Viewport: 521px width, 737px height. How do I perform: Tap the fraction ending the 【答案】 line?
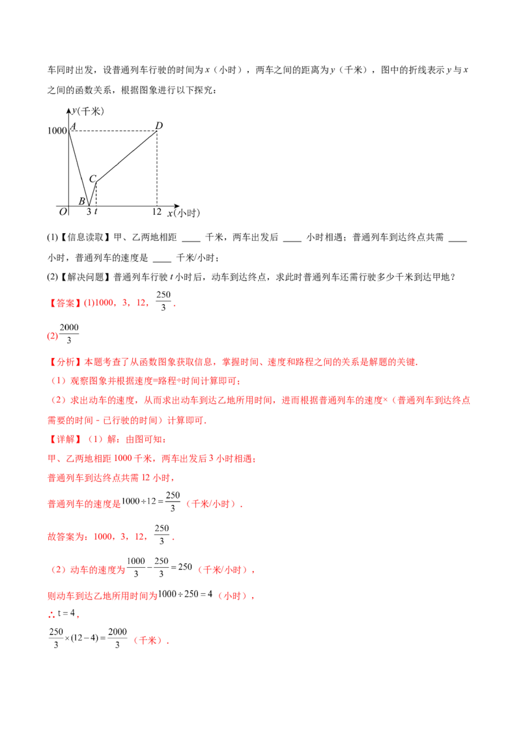coord(163,301)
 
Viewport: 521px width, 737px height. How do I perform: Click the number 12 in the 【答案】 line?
coord(141,303)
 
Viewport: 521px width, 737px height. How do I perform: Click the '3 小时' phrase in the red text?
coord(225,458)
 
